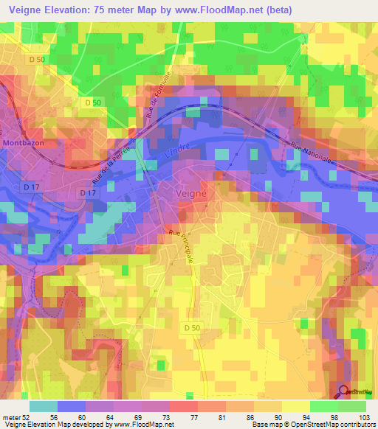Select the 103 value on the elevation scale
(x=365, y=417)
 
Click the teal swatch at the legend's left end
(x=44, y=406)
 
